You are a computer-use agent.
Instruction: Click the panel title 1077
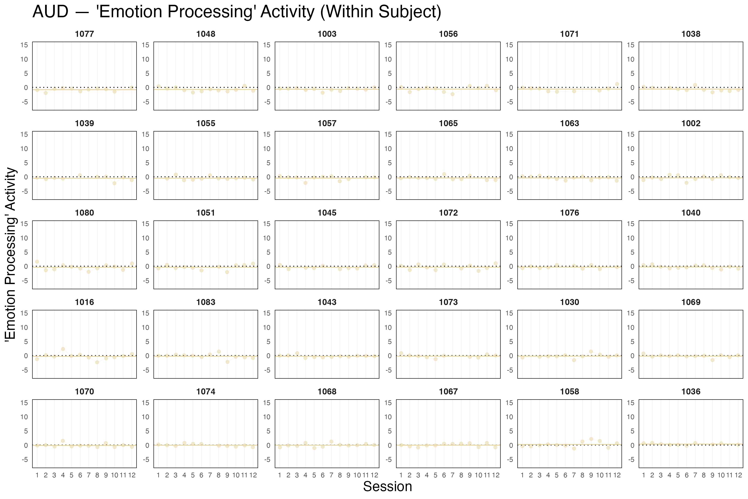coord(84,34)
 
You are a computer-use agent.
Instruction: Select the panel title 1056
coord(448,34)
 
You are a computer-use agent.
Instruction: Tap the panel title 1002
coord(691,124)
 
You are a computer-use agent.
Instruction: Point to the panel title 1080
coord(84,213)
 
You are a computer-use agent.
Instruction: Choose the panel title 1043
coord(327,302)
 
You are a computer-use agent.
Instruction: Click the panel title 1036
coord(691,392)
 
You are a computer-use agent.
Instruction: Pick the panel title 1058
coord(569,392)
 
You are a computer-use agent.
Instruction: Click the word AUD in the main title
coord(50,12)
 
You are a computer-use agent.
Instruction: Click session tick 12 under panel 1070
coord(132,475)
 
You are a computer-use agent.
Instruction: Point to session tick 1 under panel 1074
coord(158,475)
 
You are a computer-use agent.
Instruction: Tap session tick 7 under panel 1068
coord(331,475)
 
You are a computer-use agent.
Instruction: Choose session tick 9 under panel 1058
coord(591,475)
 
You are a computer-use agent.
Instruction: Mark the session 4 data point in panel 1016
coord(63,349)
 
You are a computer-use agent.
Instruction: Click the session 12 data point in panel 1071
coord(617,84)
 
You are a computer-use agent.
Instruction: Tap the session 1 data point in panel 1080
coord(37,262)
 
